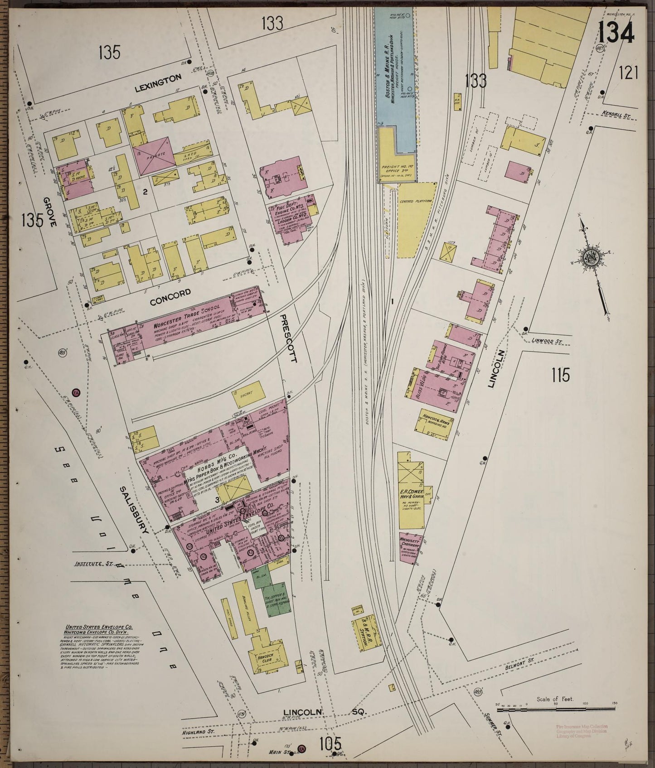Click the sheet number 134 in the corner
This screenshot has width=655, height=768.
616,33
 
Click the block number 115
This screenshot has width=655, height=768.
560,376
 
